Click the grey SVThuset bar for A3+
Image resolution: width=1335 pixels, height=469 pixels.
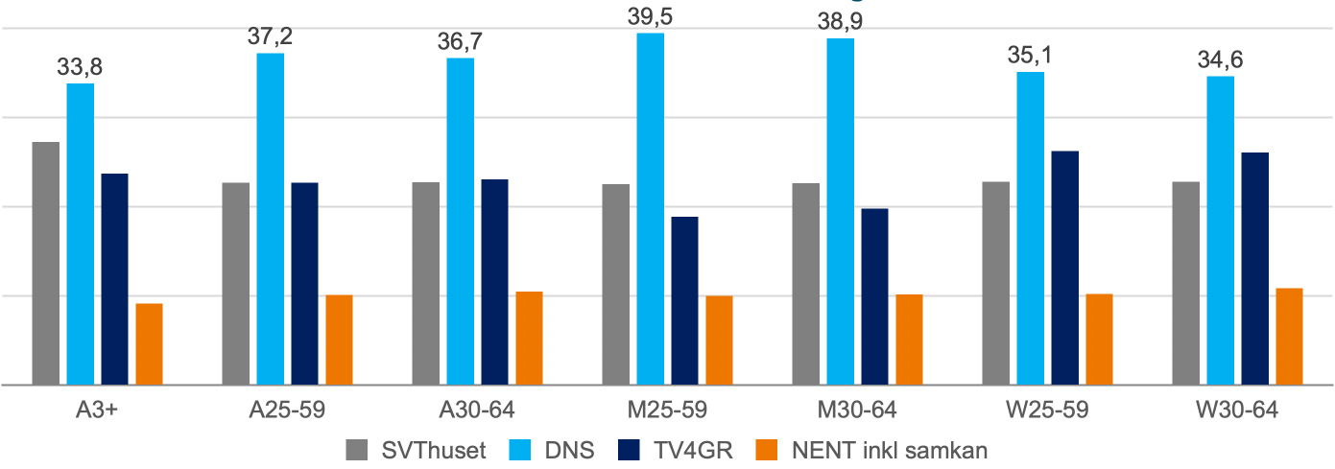(46, 263)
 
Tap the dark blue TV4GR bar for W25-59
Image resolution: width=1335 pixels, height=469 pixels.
(1065, 268)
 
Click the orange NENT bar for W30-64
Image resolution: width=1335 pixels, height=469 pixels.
(1290, 336)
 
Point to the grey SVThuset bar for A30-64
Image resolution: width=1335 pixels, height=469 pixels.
(426, 283)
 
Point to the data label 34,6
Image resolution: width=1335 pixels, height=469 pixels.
(1220, 59)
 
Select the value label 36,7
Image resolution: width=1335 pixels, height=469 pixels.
(460, 41)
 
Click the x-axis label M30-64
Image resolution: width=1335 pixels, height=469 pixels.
(857, 410)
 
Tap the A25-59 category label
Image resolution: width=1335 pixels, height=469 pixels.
(287, 410)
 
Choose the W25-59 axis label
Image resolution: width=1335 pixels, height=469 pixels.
(1047, 410)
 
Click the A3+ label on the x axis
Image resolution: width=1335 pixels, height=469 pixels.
(98, 410)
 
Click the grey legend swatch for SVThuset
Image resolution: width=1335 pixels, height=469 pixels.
(356, 450)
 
